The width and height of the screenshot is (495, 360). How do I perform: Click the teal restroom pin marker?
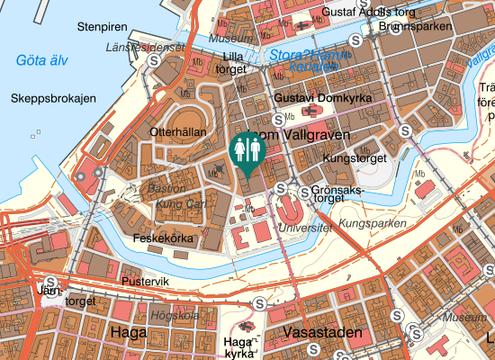pos(246,151)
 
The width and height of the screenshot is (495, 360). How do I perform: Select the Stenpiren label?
pos(103,27)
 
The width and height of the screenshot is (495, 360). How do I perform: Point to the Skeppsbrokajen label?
pos(53,98)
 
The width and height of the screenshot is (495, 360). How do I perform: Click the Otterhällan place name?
pos(178,131)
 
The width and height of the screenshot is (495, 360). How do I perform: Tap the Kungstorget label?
pos(348,157)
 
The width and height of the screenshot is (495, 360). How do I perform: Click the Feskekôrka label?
pos(163,238)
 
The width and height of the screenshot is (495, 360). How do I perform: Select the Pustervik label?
pos(145,281)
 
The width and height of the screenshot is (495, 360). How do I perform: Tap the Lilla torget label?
pos(233,62)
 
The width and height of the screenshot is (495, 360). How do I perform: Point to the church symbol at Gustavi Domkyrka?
pos(311,112)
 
